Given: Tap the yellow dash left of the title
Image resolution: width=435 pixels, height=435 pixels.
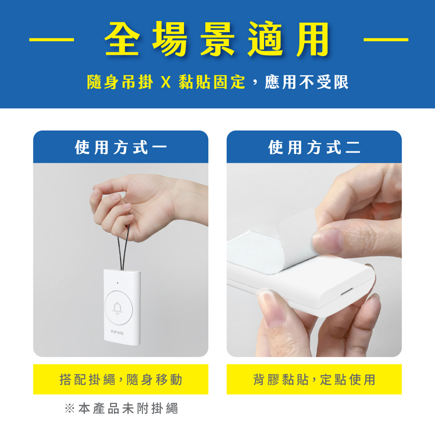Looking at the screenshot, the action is coord(52,40).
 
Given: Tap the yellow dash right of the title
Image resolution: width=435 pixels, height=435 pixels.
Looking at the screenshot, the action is coord(386,40).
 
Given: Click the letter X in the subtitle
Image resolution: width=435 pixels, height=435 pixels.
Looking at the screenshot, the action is coord(166,82).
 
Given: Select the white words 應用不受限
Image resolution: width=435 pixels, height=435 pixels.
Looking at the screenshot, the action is coord(307,82).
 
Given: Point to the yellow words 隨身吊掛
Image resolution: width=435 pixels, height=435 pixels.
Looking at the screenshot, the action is coord(120,82).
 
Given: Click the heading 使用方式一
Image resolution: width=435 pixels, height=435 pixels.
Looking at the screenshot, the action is coord(120,147).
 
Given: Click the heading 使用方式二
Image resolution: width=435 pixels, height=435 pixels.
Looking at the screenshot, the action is coord(314,147).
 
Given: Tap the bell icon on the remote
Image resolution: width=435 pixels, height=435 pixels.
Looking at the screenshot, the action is coord(117,308).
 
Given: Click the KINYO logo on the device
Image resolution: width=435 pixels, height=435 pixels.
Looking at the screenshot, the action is coord(117,332).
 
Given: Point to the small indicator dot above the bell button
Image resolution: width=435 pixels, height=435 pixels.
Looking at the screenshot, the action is coord(117,283).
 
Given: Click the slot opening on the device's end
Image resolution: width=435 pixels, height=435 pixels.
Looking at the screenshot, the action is coord(347,292).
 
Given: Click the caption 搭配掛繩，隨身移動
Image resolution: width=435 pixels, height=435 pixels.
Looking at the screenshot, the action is coord(120,379).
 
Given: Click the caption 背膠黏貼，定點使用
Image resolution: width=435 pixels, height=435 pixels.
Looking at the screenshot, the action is coord(314,379).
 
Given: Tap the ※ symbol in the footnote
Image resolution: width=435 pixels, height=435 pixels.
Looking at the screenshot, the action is coord(70,408).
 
